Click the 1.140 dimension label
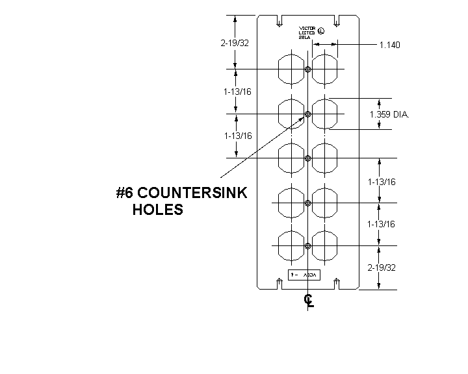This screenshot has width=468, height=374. [x=389, y=45]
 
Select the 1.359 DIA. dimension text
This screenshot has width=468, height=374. [x=389, y=114]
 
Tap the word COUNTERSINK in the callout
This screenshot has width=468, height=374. [x=192, y=193]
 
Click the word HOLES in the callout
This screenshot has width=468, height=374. [x=158, y=210]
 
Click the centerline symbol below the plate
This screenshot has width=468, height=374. [x=309, y=301]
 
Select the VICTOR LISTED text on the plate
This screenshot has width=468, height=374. [x=307, y=32]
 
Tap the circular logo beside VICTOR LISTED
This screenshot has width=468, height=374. [x=322, y=29]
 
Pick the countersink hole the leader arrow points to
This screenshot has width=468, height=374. [x=308, y=114]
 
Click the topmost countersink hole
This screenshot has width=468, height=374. [x=308, y=69]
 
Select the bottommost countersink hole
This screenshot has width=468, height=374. [x=308, y=245]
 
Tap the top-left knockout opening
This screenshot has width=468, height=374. [x=291, y=69]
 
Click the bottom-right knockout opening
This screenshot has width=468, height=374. [x=325, y=245]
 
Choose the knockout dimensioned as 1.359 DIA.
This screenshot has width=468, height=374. [x=325, y=114]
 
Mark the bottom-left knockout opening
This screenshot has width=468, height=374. [x=291, y=245]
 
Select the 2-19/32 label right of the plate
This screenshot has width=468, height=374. [x=381, y=268]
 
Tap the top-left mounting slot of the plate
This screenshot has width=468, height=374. [x=279, y=21]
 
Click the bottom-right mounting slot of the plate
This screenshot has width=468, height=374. [x=337, y=283]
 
